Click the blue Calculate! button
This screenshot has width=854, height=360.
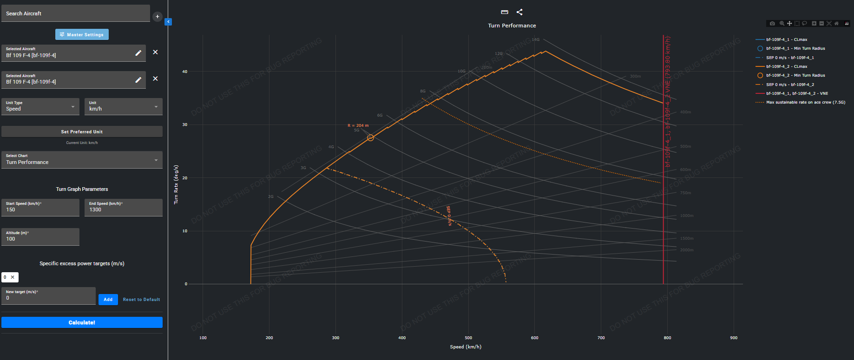click(x=82, y=322)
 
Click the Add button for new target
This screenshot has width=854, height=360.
click(x=108, y=300)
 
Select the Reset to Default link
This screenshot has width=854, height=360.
click(x=141, y=300)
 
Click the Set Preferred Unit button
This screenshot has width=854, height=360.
click(x=82, y=131)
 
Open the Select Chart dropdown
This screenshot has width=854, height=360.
click(x=82, y=160)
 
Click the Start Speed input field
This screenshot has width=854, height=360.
click(x=40, y=208)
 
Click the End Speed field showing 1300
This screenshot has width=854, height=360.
click(x=123, y=208)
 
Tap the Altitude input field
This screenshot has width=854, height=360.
click(x=40, y=237)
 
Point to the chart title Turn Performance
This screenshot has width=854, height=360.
click(x=512, y=26)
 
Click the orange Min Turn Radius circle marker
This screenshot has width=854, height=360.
click(x=370, y=137)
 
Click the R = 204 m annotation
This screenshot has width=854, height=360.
click(x=358, y=125)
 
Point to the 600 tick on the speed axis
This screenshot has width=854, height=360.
click(x=535, y=338)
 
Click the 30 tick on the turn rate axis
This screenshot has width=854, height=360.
click(x=185, y=124)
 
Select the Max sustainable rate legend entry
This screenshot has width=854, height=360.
click(x=805, y=102)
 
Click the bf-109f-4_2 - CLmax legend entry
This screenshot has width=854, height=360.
click(x=786, y=66)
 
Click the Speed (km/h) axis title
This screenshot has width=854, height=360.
click(x=466, y=347)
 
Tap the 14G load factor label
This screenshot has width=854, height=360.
click(x=536, y=39)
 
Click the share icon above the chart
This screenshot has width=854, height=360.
click(x=519, y=12)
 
